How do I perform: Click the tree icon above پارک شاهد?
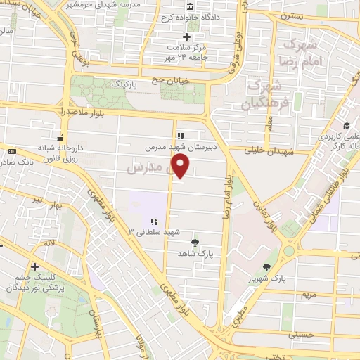click(x=195, y=243)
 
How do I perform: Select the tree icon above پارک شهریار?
click(x=266, y=266)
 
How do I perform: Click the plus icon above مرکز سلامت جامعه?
click(x=186, y=37)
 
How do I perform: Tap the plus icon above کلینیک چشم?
click(x=34, y=266)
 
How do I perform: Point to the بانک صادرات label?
click(x=19, y=162)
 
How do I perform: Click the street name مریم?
click(x=310, y=295)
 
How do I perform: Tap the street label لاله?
click(x=49, y=241)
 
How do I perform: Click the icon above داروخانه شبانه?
click(x=60, y=138)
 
